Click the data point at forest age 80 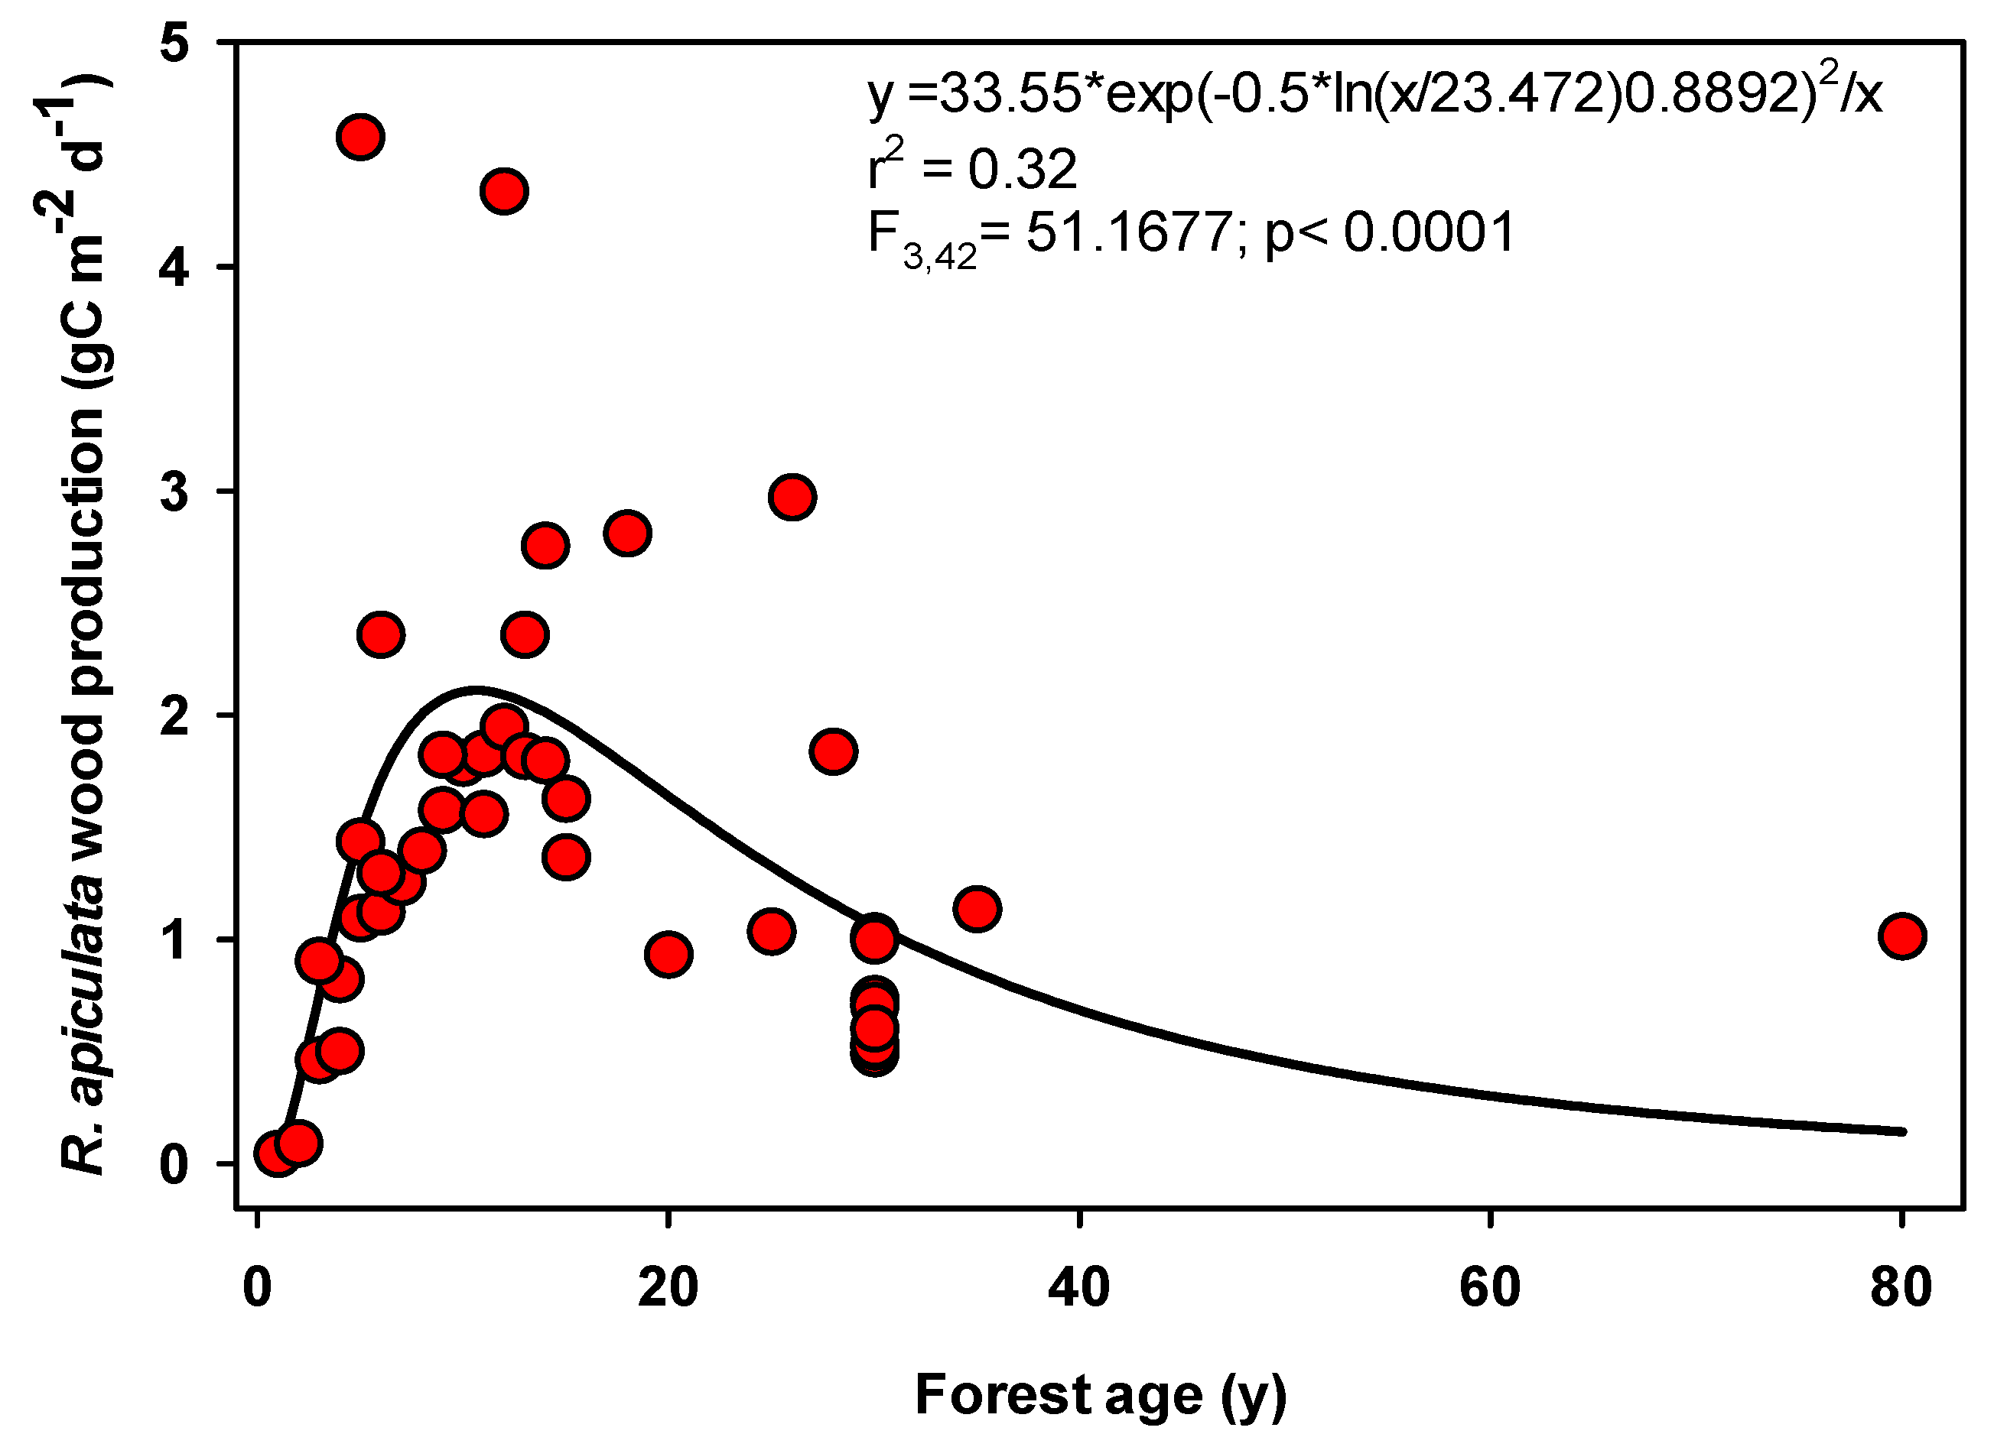coord(1901,936)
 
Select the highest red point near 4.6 coord(360,137)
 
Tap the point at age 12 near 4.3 coord(504,191)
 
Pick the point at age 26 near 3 coord(792,497)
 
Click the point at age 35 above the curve coord(977,908)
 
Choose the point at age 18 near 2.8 coord(627,534)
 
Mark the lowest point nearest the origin coord(277,1154)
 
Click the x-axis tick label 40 coord(1078,1288)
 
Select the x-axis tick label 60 coord(1489,1288)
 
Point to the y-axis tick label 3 coord(174,492)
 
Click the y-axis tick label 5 coord(174,43)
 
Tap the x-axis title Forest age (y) coord(1100,1395)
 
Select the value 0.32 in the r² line coord(1022,169)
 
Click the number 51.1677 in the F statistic coord(1128,232)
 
